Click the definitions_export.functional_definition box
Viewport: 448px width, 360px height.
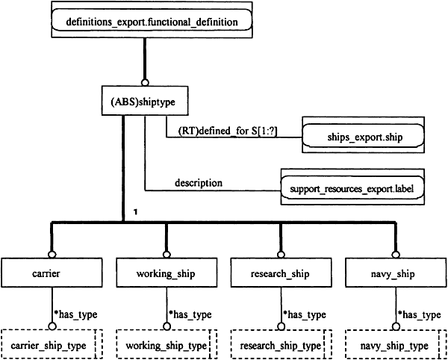pyautogui.click(x=152, y=19)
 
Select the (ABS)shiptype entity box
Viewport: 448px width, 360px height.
pyautogui.click(x=145, y=101)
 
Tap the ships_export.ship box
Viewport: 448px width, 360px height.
pyautogui.click(x=363, y=134)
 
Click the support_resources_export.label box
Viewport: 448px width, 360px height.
pyautogui.click(x=352, y=187)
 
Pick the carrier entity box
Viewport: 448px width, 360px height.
pyautogui.click(x=52, y=273)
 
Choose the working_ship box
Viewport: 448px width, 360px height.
pyautogui.click(x=167, y=273)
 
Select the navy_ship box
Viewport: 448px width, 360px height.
pyautogui.click(x=396, y=273)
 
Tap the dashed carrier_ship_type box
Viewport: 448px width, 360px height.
pyautogui.click(x=52, y=344)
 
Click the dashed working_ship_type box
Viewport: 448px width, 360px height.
pyautogui.click(x=167, y=344)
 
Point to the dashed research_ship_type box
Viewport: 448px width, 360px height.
pyautogui.click(x=281, y=344)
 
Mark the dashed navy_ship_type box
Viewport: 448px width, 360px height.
pyautogui.click(x=396, y=344)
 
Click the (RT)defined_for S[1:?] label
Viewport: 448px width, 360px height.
pyautogui.click(x=228, y=131)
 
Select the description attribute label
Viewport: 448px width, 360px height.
pyautogui.click(x=199, y=183)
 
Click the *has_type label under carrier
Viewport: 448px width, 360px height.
pyautogui.click(x=75, y=314)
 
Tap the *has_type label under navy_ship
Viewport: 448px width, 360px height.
pyautogui.click(x=419, y=314)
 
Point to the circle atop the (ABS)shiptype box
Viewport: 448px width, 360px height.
pyautogui.click(x=145, y=83)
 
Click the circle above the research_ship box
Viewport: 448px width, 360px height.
pyautogui.click(x=281, y=255)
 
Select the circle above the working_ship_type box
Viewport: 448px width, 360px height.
pyautogui.click(x=167, y=326)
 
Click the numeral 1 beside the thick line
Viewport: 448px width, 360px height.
pyautogui.click(x=136, y=212)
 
